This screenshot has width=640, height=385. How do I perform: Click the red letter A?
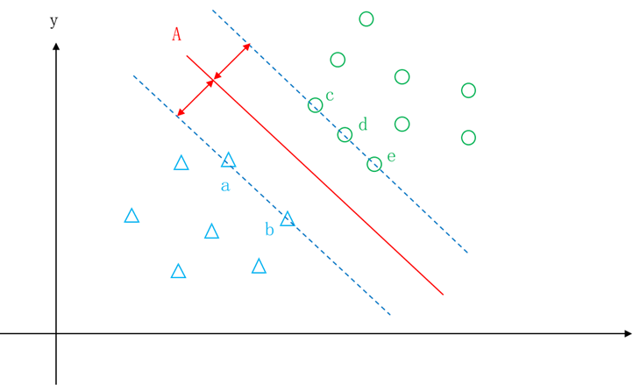[x=176, y=34]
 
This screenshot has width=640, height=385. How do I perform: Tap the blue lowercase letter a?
[x=225, y=186]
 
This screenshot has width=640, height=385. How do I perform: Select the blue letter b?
[x=269, y=230]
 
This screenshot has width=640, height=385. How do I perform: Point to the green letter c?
[x=330, y=96]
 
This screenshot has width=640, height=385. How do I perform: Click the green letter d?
[x=362, y=125]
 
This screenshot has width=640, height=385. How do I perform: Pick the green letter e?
[x=391, y=157]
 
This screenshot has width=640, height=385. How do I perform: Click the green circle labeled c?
[x=315, y=105]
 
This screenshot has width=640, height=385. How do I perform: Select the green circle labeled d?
[x=345, y=135]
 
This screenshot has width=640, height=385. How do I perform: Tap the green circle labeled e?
[x=374, y=164]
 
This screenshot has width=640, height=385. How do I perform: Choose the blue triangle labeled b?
[x=287, y=219]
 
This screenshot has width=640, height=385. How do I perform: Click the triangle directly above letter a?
[x=228, y=160]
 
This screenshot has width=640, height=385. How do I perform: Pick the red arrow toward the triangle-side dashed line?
[x=194, y=99]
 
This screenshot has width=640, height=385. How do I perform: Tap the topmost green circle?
[x=366, y=19]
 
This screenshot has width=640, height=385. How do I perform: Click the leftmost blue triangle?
[x=132, y=216]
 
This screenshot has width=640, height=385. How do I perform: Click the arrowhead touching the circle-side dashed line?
[x=247, y=46]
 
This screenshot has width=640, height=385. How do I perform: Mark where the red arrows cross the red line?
[x=212, y=81]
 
